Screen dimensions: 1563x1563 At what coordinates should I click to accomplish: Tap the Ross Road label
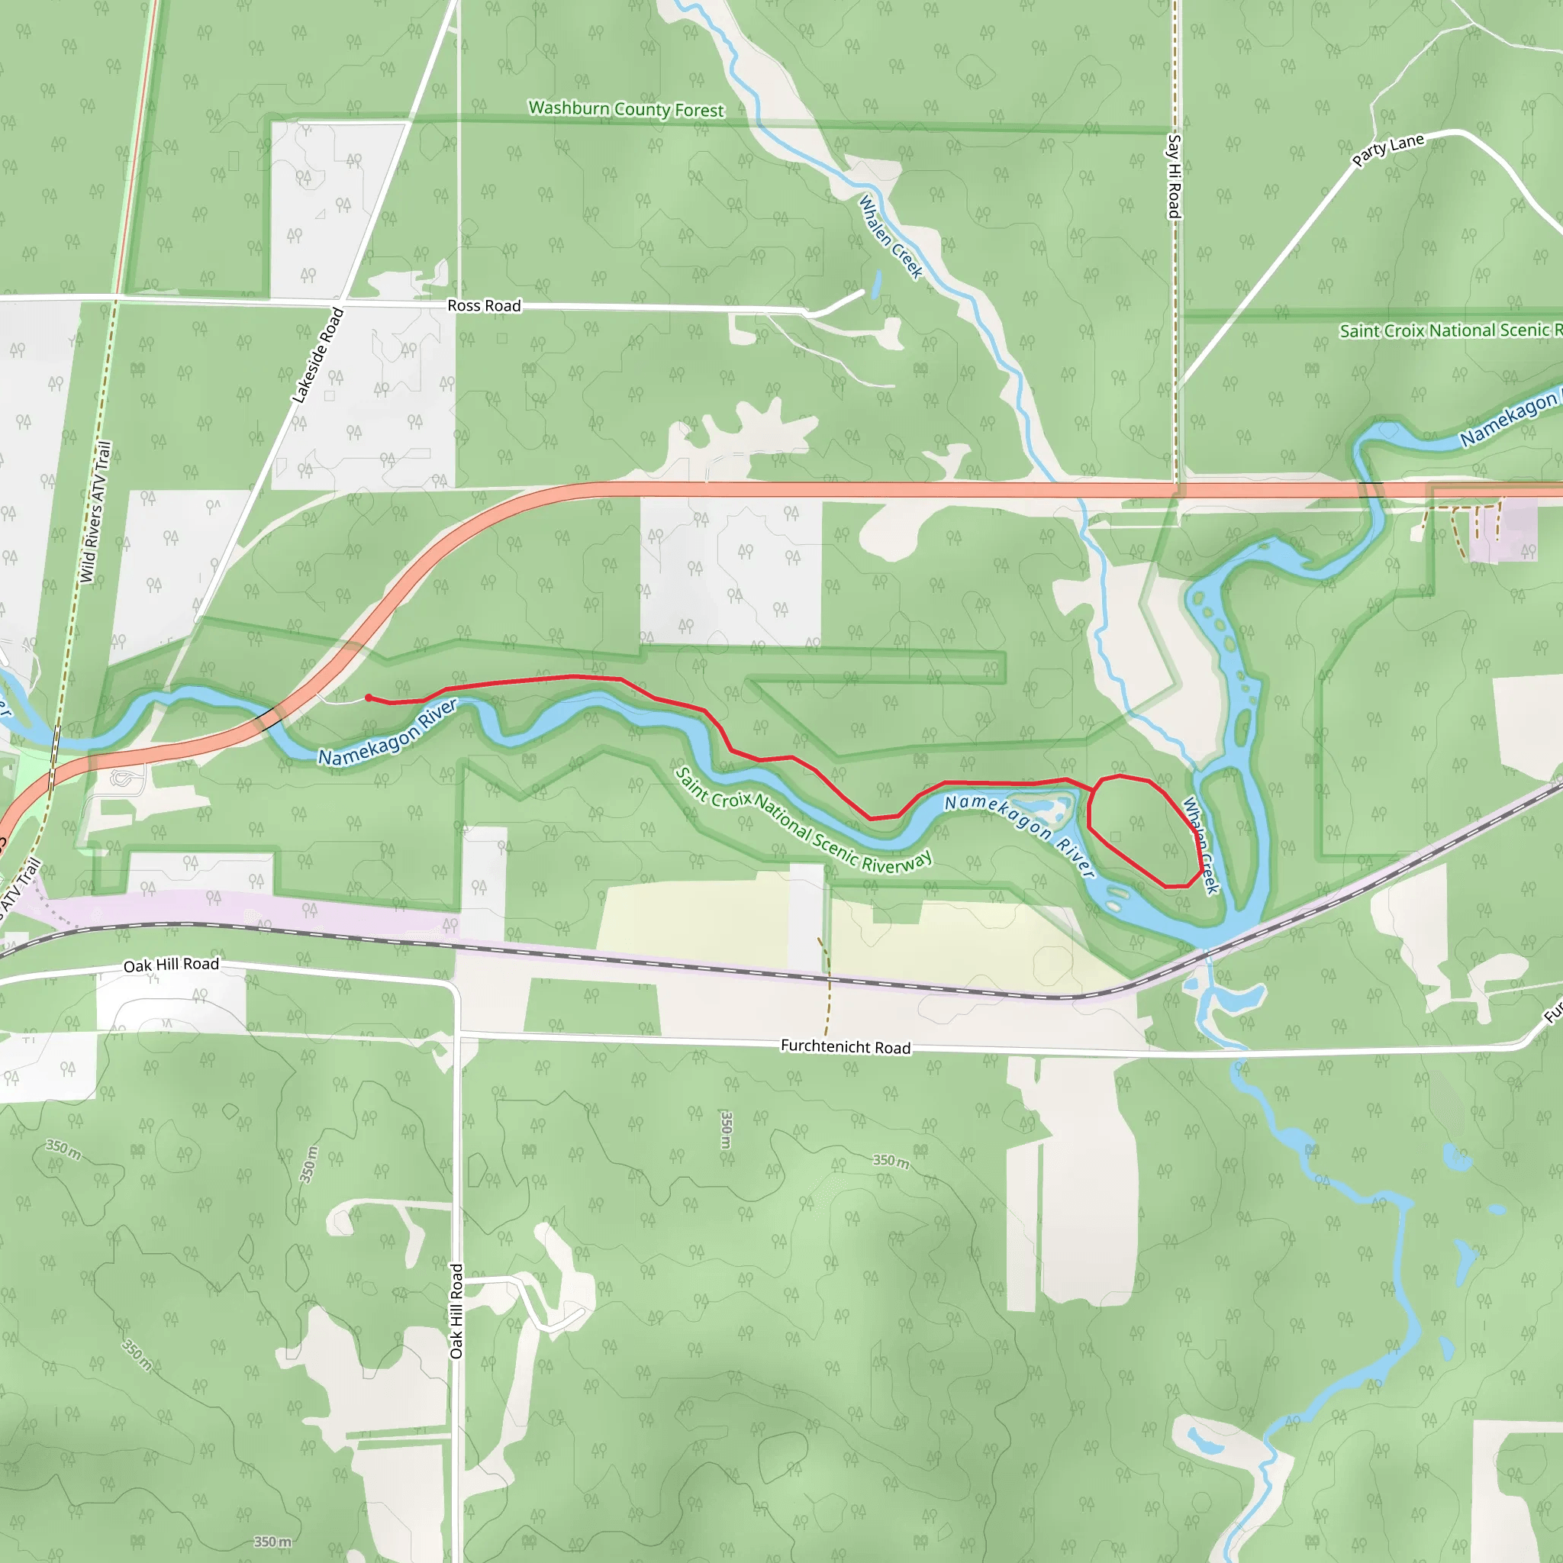pos(484,305)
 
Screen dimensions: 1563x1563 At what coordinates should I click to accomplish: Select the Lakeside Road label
pos(318,355)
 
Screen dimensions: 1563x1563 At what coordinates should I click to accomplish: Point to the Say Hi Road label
pos(1174,176)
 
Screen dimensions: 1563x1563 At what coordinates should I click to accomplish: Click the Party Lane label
pos(1388,150)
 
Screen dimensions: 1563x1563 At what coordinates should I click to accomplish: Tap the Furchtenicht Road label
pos(846,1046)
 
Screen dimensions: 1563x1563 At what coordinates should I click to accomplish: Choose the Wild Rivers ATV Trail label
pos(95,511)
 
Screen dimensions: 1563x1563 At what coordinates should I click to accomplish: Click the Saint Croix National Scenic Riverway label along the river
pos(804,821)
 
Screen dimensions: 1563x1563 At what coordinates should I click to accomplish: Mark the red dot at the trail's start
pos(369,698)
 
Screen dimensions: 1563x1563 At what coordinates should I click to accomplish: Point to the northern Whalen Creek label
pos(890,237)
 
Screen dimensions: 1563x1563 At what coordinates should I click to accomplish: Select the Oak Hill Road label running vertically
pos(456,1310)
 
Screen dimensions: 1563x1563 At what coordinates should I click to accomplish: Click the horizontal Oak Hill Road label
pos(172,965)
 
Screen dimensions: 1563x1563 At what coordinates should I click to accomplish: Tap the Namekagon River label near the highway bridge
pos(388,733)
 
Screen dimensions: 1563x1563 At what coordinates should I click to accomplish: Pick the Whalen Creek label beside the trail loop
pos(1200,845)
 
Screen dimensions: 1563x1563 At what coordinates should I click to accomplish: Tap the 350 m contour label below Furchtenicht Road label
pos(727,1130)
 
